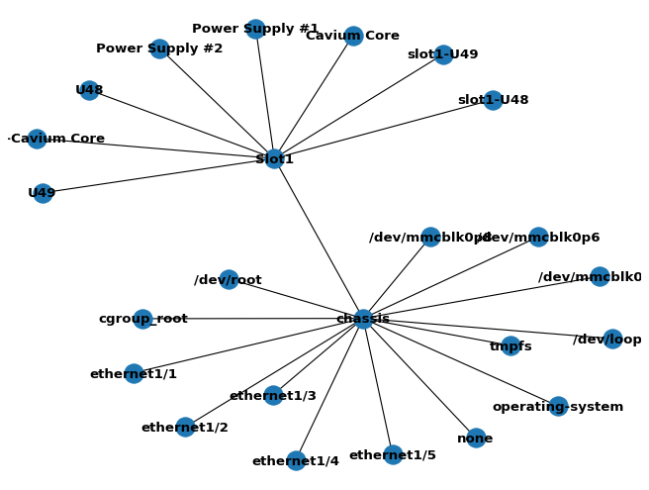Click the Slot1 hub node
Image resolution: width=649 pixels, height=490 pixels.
tap(274, 158)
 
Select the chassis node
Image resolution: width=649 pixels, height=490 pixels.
tap(363, 319)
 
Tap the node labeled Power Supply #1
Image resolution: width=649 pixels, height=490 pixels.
tap(255, 29)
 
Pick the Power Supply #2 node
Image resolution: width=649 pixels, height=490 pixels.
tap(159, 49)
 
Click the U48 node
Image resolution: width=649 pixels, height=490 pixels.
tap(89, 90)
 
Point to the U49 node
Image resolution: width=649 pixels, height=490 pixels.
tap(43, 193)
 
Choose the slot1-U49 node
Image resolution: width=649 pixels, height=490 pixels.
tap(443, 54)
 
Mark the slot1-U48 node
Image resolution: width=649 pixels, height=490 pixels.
tap(493, 100)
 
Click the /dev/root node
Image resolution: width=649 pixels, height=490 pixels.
tap(229, 279)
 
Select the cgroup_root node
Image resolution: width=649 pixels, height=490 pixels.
tap(142, 319)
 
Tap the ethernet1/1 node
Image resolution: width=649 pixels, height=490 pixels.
tap(134, 373)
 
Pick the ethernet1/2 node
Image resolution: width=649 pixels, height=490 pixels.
tap(185, 427)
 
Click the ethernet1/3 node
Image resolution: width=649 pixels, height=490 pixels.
tap(273, 396)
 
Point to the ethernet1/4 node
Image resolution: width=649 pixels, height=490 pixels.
tap(296, 460)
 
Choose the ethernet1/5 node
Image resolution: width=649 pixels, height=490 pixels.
tap(393, 454)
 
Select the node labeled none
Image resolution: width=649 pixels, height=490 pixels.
tap(476, 438)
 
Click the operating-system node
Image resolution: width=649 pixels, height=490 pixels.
tap(558, 406)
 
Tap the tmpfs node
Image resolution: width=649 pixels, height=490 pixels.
tap(510, 345)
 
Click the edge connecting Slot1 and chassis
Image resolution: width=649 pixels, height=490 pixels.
tap(319, 239)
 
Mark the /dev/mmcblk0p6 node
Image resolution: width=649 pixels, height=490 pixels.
tap(538, 237)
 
